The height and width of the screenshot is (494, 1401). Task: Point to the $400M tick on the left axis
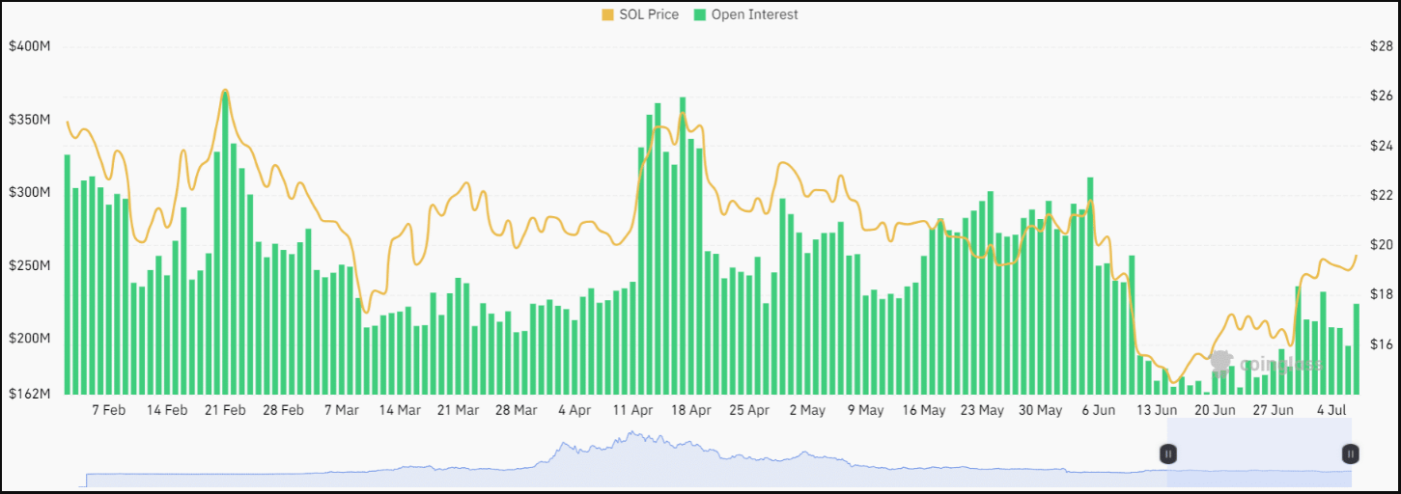[x=29, y=46]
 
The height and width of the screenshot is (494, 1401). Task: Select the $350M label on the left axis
[x=29, y=120]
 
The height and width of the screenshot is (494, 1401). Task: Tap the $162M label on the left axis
[x=29, y=394]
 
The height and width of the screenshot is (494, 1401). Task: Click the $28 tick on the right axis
[x=1381, y=46]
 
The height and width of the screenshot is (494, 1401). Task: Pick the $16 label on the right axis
[x=1381, y=344]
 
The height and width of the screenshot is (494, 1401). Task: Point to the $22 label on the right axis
[x=1381, y=195]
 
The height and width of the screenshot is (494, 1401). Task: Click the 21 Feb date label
[x=225, y=410]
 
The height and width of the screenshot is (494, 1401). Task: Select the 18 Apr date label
[x=691, y=410]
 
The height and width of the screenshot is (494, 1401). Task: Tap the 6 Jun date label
[x=1098, y=410]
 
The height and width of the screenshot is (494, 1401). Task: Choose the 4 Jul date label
[x=1331, y=410]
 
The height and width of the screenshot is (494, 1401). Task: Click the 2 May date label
[x=807, y=410]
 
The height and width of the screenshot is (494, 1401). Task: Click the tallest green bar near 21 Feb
[x=225, y=241]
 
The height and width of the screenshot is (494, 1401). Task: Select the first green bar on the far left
[x=68, y=274]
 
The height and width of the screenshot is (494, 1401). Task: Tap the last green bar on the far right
[x=1356, y=348]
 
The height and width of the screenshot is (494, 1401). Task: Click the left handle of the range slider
[x=1167, y=453]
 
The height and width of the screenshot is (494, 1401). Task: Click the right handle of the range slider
[x=1350, y=453]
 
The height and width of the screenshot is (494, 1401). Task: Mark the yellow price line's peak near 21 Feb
[x=225, y=90]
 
